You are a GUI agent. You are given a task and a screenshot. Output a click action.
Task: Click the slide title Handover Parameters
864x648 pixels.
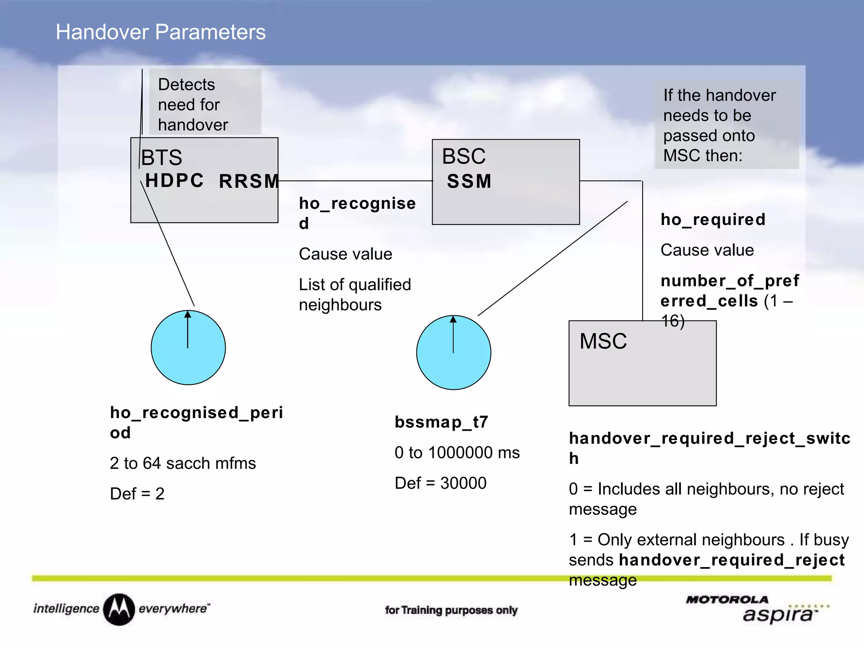click(x=161, y=32)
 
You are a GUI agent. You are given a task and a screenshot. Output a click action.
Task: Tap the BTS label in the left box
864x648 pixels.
click(x=162, y=158)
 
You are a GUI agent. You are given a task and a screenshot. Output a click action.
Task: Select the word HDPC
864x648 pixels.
click(x=175, y=181)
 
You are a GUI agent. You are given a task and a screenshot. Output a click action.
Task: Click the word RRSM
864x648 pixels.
click(x=249, y=181)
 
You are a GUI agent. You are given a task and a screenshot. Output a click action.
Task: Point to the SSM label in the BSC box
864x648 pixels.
click(x=469, y=181)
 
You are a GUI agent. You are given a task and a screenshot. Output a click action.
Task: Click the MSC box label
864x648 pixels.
click(x=603, y=341)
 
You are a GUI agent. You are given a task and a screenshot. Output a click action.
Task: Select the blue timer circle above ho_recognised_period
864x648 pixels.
click(x=188, y=348)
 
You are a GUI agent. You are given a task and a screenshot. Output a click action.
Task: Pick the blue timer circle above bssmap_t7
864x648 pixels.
click(x=454, y=352)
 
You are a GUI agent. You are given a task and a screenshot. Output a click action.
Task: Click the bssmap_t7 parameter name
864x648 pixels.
click(x=441, y=422)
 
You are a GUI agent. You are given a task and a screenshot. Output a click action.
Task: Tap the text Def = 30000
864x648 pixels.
click(x=440, y=483)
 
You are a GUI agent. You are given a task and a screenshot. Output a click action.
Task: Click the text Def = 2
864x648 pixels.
click(x=137, y=494)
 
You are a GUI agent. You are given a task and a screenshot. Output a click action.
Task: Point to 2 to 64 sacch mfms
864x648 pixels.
click(x=183, y=463)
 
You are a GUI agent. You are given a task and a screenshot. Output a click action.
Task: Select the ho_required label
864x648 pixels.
click(x=713, y=219)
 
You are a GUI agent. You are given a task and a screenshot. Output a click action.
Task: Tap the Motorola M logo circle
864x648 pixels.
click(x=119, y=609)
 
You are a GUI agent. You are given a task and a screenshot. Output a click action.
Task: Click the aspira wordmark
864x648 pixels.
click(x=778, y=615)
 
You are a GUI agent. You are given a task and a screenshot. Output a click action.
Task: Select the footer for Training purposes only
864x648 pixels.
click(x=451, y=610)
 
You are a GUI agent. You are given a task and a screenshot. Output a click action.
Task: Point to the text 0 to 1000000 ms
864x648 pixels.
click(x=457, y=453)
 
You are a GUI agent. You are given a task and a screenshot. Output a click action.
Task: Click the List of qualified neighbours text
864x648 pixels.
click(x=354, y=294)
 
